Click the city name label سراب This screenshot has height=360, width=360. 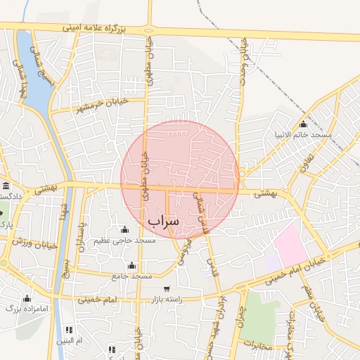point(164,221)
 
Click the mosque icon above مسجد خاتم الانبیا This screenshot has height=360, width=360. point(303,124)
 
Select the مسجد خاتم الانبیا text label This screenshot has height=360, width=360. point(304,134)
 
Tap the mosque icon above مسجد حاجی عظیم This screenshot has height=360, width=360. point(124,229)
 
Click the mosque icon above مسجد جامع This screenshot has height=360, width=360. point(131,266)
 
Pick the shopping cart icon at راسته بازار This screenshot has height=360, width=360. point(166,288)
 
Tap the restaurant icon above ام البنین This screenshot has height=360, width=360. point(69,330)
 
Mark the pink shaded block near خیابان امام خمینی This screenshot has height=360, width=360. point(291,245)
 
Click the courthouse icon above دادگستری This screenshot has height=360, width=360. point(6,186)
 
